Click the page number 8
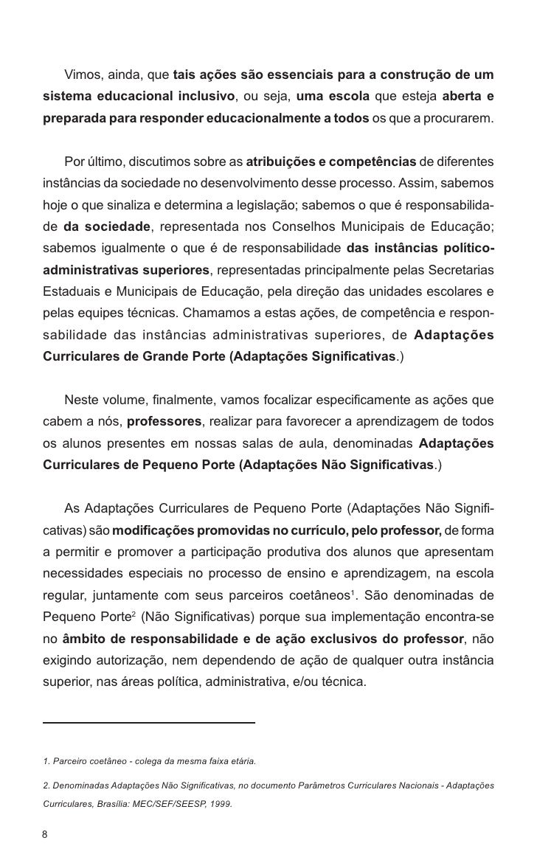44,834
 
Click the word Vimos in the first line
83,75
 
